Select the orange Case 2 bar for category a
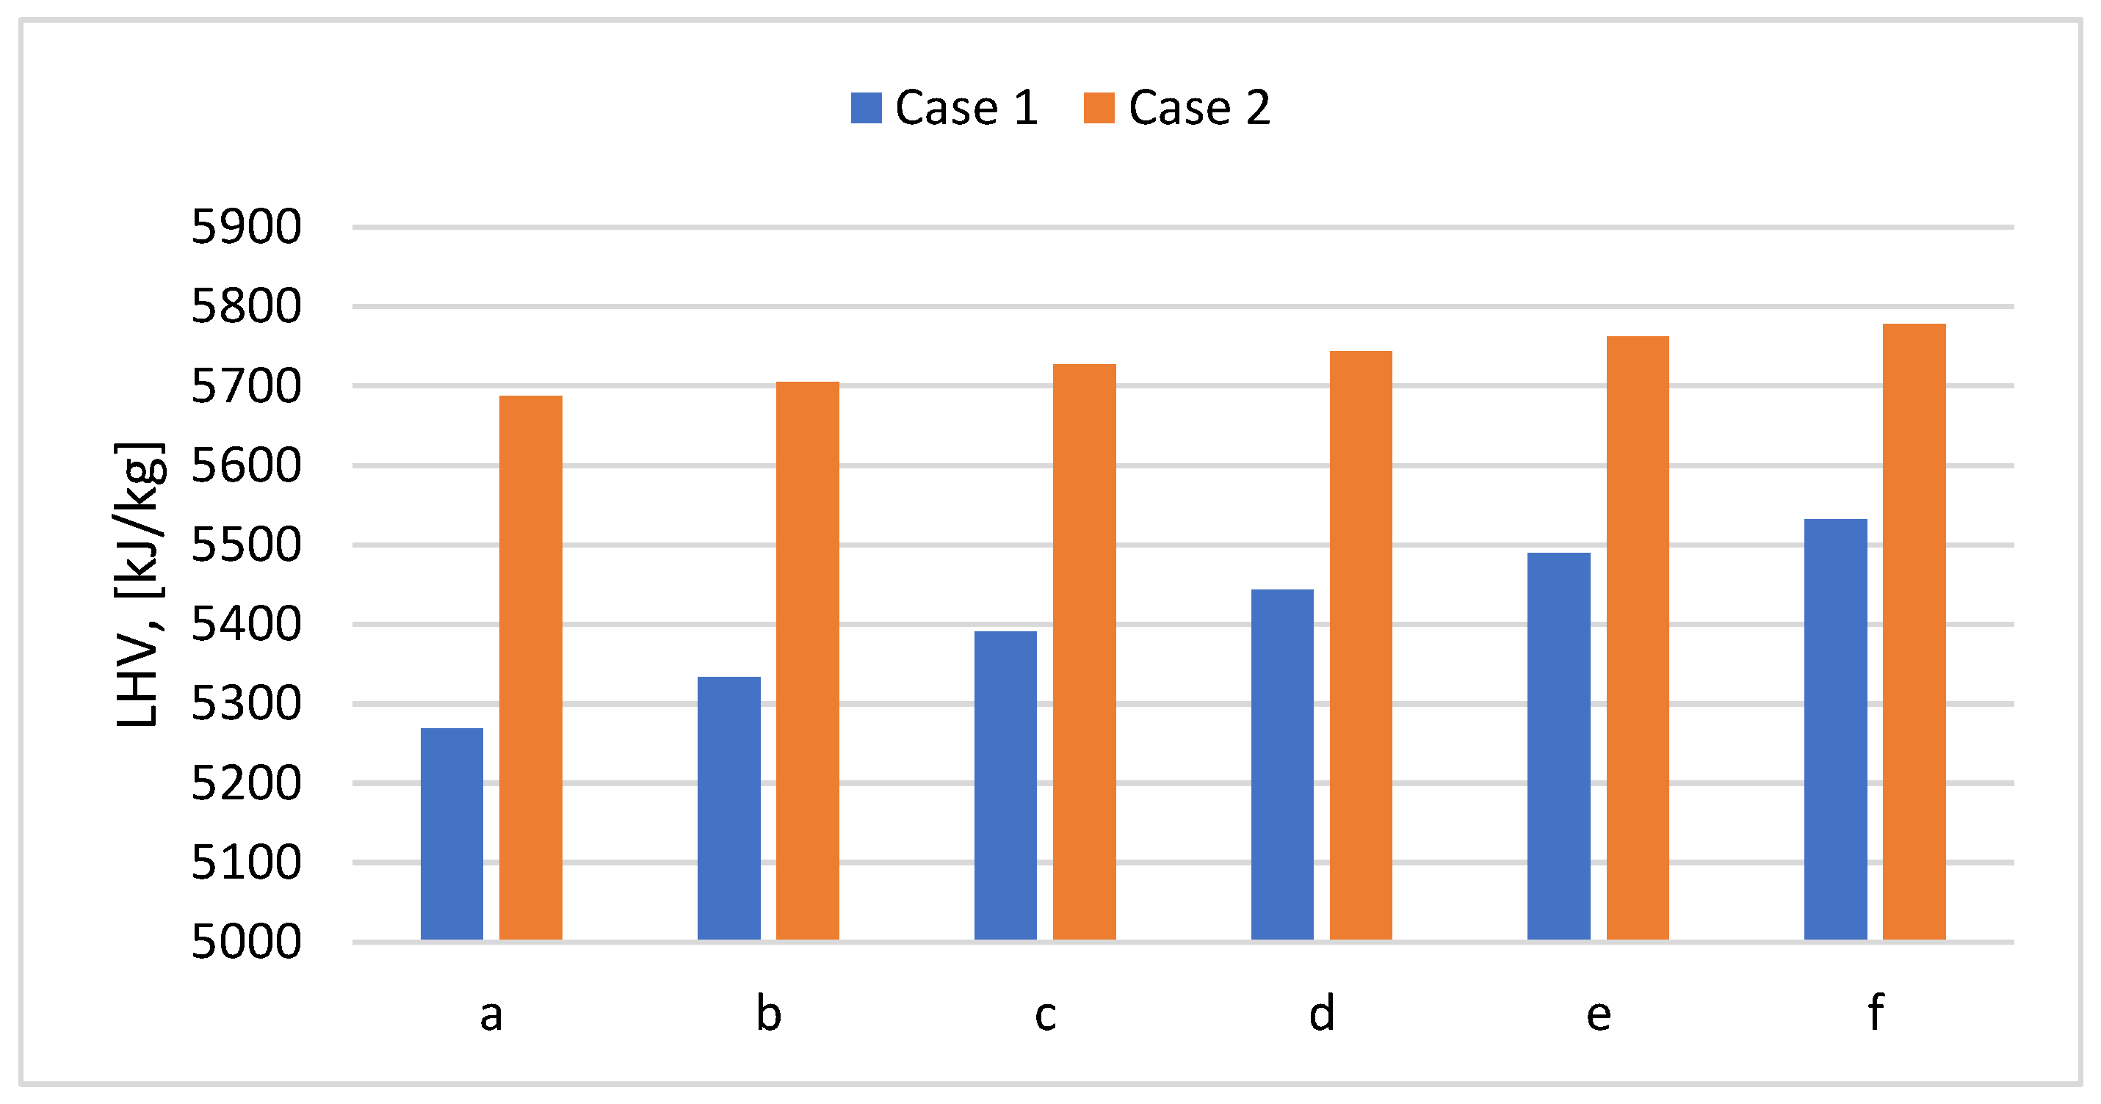530,668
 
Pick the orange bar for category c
1084,652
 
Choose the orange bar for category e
1638,638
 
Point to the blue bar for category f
1835,729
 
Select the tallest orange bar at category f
1914,632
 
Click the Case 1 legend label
966,108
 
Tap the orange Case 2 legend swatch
1099,108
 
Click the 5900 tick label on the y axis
245,227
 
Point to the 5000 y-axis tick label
245,941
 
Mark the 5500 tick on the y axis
245,545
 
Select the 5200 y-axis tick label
245,782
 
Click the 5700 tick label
245,387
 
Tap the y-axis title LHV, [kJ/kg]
139,584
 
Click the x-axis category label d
1321,1014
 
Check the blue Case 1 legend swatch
865,108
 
